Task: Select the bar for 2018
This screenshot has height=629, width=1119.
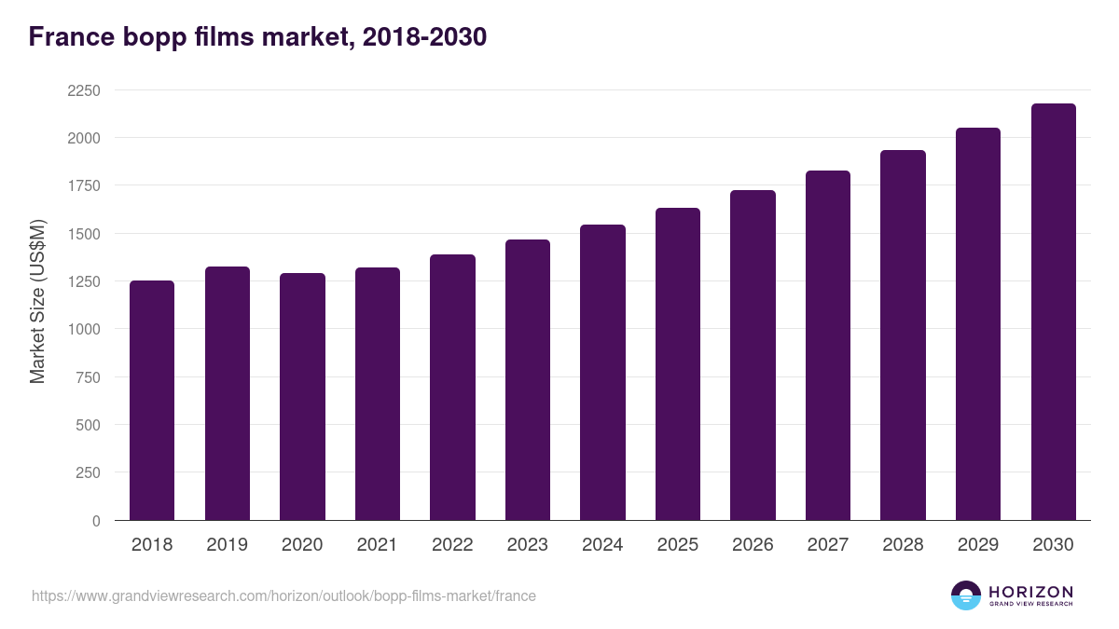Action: click(x=152, y=401)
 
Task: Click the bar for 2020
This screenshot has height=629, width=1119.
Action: click(x=302, y=397)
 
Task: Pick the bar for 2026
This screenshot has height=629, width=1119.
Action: click(x=753, y=355)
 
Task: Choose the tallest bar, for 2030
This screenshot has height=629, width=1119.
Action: click(x=1053, y=312)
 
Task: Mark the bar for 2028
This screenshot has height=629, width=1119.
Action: click(x=903, y=335)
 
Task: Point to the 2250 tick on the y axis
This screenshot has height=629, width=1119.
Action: click(x=84, y=90)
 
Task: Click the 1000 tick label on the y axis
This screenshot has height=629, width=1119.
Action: click(x=84, y=329)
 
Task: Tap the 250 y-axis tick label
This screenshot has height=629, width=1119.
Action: click(x=88, y=472)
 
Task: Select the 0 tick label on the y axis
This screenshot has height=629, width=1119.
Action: click(x=96, y=521)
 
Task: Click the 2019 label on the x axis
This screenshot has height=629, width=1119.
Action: click(x=228, y=545)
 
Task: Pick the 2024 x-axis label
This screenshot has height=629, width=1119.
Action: click(x=602, y=545)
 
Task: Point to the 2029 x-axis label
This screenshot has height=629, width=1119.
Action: click(x=978, y=545)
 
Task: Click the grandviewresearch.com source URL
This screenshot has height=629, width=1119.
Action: click(x=283, y=595)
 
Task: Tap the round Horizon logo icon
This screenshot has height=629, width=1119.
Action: click(x=966, y=595)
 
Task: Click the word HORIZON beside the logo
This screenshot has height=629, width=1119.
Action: click(x=1030, y=592)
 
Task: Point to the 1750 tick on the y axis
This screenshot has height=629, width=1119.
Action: click(x=84, y=185)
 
